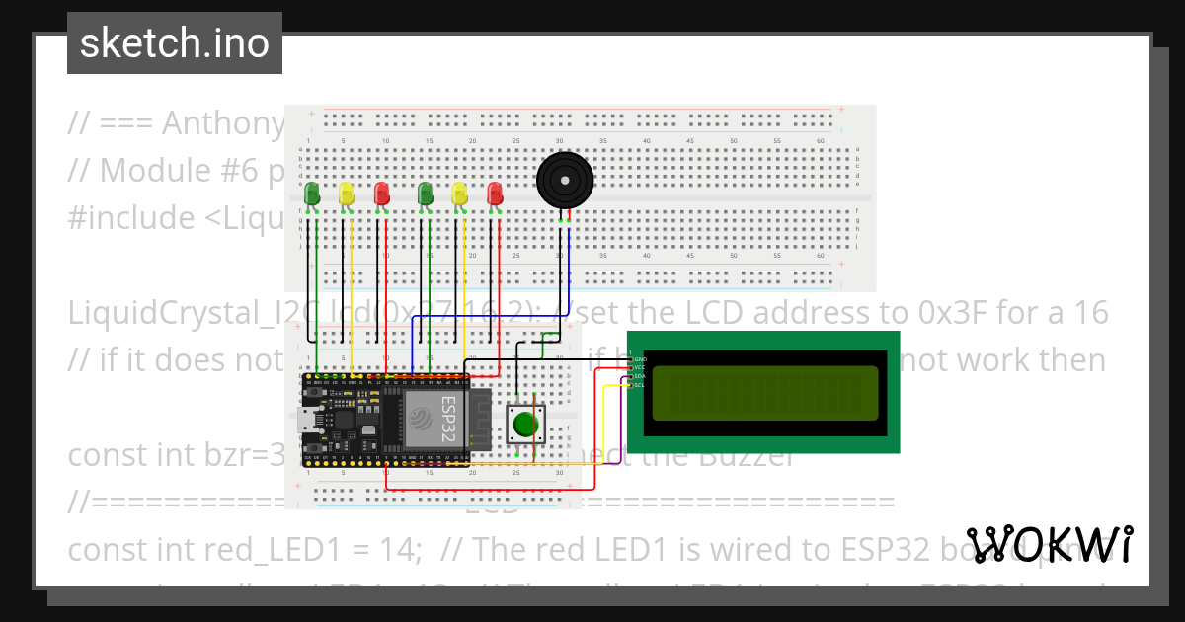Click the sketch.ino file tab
[x=175, y=43]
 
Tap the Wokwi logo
[x=1049, y=545]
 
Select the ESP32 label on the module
[x=446, y=417]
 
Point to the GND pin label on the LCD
[x=639, y=358]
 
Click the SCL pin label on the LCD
[x=639, y=385]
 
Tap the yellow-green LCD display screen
[x=765, y=391]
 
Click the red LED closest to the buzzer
[x=495, y=194]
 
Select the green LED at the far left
[x=312, y=194]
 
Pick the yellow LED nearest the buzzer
[x=458, y=194]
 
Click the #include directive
[x=129, y=217]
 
